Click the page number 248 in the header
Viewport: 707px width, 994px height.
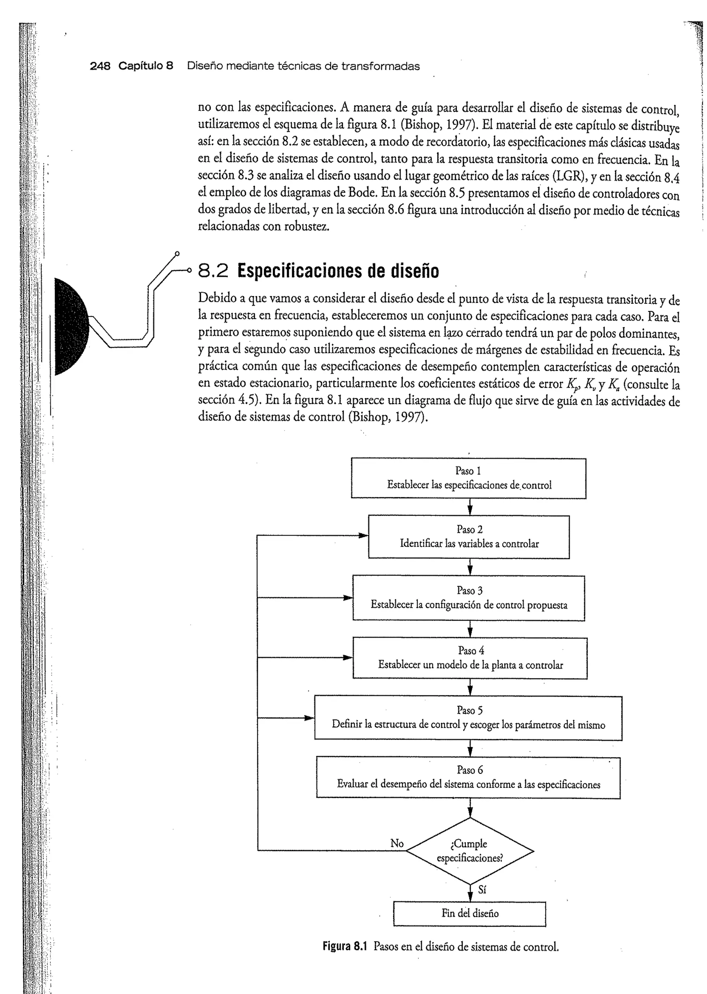coord(100,66)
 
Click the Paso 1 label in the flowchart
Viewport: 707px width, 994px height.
coord(468,471)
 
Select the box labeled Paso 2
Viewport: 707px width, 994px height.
coord(469,537)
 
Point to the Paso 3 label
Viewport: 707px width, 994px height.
coord(469,590)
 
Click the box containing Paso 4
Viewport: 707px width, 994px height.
coord(470,658)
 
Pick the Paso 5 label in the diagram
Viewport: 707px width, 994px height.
coord(469,710)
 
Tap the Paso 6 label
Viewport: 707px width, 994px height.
coord(470,770)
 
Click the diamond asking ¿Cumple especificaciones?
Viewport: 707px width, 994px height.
coord(470,851)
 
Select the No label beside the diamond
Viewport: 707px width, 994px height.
coord(397,843)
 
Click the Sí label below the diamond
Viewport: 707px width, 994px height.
coord(482,889)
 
